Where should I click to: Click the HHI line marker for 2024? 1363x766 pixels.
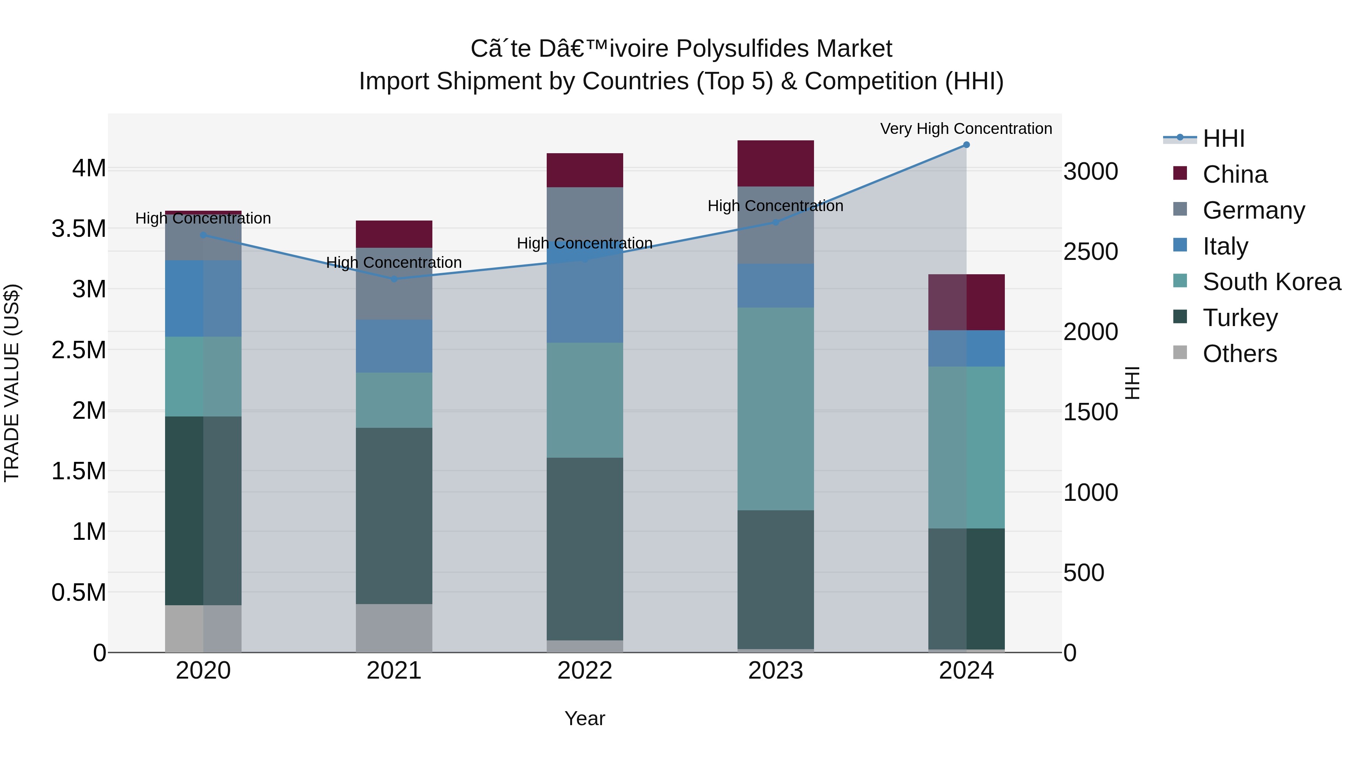pyautogui.click(x=966, y=145)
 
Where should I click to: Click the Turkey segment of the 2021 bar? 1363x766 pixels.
pyautogui.click(x=394, y=516)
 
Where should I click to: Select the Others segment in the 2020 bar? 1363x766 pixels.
pyautogui.click(x=203, y=629)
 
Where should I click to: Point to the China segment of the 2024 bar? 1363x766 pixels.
pyautogui.click(x=966, y=302)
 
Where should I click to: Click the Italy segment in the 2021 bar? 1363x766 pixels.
pyautogui.click(x=394, y=346)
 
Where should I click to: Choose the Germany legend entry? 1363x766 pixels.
pyautogui.click(x=1254, y=210)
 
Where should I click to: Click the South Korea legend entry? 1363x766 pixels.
pyautogui.click(x=1271, y=282)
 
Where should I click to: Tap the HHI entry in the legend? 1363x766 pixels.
pyautogui.click(x=1223, y=138)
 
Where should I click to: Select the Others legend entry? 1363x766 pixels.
pyautogui.click(x=1239, y=354)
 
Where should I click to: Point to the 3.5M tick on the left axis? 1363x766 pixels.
pyautogui.click(x=79, y=229)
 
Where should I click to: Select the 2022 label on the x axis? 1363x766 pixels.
pyautogui.click(x=585, y=671)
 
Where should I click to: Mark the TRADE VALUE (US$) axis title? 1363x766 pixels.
pyautogui.click(x=12, y=383)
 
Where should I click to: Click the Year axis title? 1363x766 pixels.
pyautogui.click(x=585, y=718)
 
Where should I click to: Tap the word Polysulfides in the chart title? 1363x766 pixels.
pyautogui.click(x=743, y=49)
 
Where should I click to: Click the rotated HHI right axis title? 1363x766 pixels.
pyautogui.click(x=1132, y=383)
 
